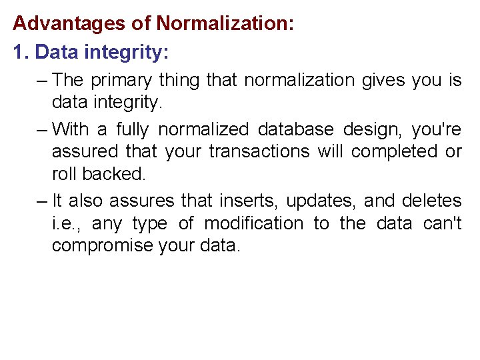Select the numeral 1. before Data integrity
pyautogui.click(x=21, y=52)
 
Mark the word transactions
pyautogui.click(x=259, y=152)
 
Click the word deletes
pyautogui.click(x=432, y=201)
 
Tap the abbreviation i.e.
pyautogui.click(x=67, y=223)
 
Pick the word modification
pyautogui.click(x=253, y=223)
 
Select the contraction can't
pyautogui.click(x=442, y=223)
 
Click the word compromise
pyautogui.click(x=102, y=246)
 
